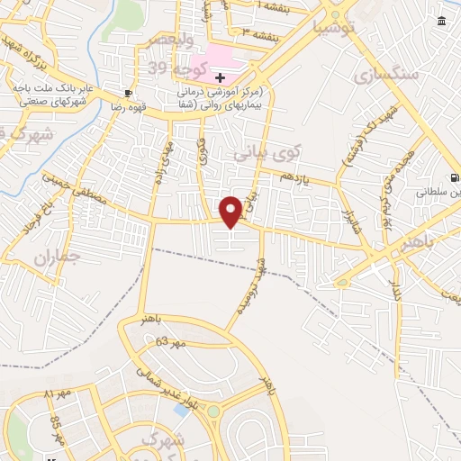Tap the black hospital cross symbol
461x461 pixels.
[220, 78]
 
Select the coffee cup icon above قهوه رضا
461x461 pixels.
[129, 94]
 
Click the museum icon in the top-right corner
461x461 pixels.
[440, 22]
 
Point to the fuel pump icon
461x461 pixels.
[455, 177]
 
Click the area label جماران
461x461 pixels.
[58, 256]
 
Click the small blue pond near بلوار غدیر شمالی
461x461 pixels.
[183, 410]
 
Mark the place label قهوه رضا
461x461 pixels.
[129, 106]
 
